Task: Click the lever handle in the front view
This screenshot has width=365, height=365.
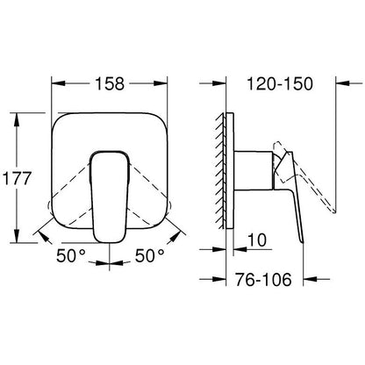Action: click(109, 189)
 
